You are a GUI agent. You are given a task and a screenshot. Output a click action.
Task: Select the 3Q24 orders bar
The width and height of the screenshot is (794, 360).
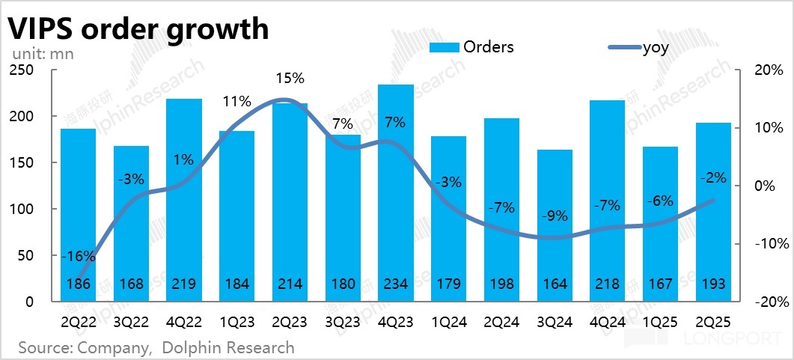click(x=555, y=225)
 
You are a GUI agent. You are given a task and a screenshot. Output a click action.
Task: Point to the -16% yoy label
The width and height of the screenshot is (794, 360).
click(x=77, y=256)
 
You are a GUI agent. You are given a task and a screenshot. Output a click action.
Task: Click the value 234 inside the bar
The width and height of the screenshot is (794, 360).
click(x=396, y=284)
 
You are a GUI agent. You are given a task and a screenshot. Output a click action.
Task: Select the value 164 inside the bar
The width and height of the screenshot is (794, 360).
click(x=555, y=284)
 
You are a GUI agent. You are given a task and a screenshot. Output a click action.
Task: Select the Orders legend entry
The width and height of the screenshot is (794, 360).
click(x=471, y=47)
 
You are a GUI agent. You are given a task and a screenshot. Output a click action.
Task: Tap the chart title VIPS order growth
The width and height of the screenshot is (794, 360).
click(x=138, y=28)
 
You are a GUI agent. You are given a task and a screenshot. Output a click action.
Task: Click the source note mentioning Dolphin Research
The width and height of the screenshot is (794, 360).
click(x=156, y=347)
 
